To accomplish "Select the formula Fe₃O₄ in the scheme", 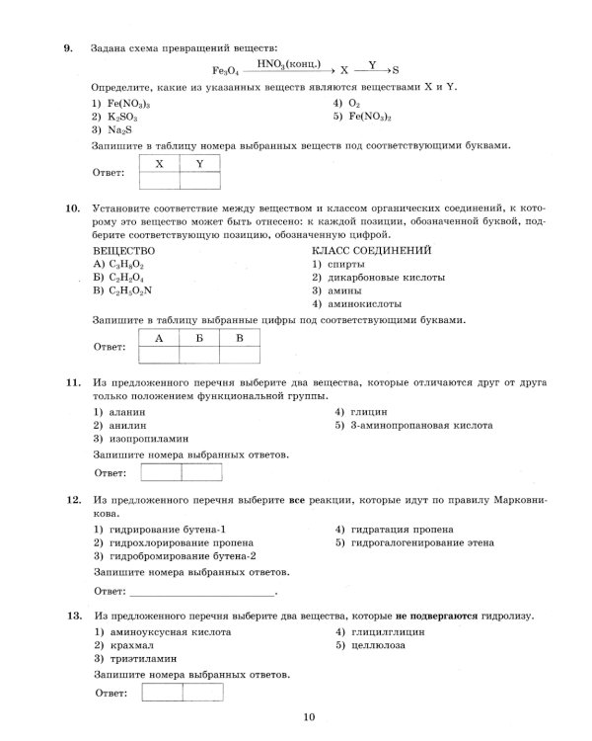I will pyautogui.click(x=226, y=71).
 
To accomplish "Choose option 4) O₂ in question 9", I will pyautogui.click(x=350, y=102).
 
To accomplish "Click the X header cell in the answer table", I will pyautogui.click(x=159, y=163).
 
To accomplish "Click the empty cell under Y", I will pyautogui.click(x=198, y=180).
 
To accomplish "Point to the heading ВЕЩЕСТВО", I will pyautogui.click(x=124, y=251).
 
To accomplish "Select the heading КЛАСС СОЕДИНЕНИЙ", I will pyautogui.click(x=370, y=251).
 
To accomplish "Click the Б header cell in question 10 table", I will pyautogui.click(x=198, y=338).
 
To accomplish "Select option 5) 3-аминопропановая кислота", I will pyautogui.click(x=413, y=425).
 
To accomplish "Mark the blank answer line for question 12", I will pyautogui.click(x=203, y=593).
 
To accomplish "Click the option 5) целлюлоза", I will pyautogui.click(x=370, y=644).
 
